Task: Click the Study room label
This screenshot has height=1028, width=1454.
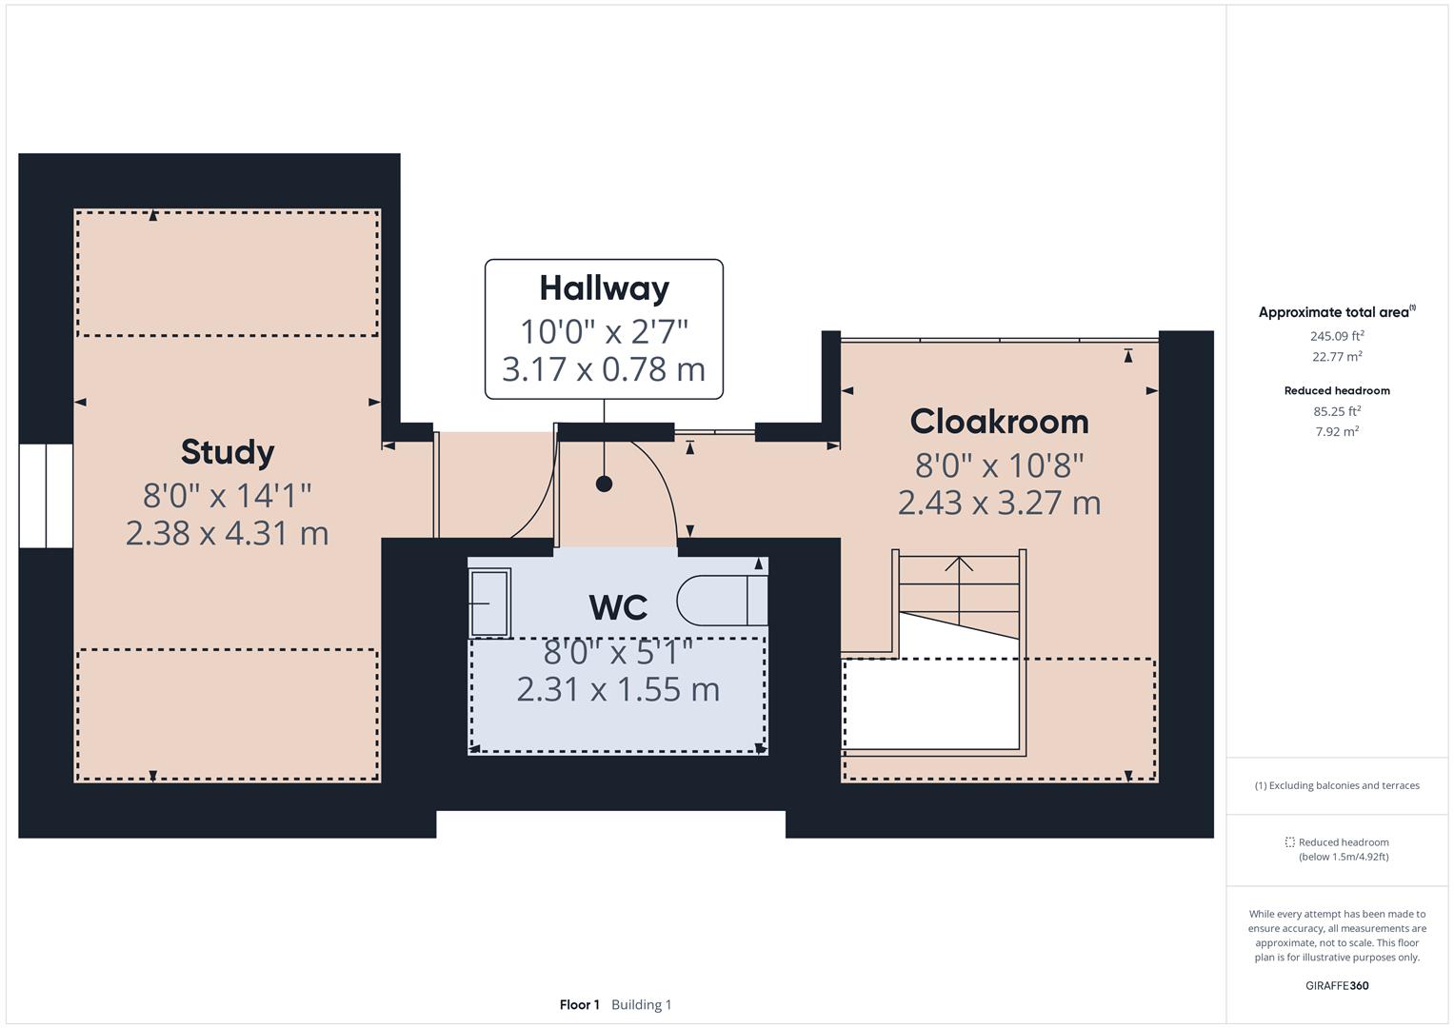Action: tap(228, 451)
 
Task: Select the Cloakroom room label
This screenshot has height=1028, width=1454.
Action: tap(999, 421)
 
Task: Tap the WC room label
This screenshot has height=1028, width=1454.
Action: tap(618, 606)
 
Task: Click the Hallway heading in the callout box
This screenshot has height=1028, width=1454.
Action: tap(604, 287)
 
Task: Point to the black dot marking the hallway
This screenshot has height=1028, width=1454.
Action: tap(604, 484)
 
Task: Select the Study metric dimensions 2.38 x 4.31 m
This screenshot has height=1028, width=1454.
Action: tap(228, 532)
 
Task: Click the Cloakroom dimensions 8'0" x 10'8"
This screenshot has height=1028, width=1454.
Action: tap(999, 465)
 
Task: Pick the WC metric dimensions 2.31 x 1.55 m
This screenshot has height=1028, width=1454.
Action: tap(618, 689)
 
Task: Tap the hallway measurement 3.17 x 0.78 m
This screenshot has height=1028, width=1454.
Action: tap(604, 369)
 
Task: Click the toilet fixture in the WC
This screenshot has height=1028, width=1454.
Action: tap(720, 600)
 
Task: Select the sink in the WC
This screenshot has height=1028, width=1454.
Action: tap(489, 602)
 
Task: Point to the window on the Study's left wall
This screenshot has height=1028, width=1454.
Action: tap(46, 495)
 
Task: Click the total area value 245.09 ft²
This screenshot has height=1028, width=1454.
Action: tap(1337, 336)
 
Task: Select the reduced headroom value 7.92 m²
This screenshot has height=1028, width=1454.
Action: tap(1337, 431)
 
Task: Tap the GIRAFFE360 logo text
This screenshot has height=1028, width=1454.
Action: tap(1336, 985)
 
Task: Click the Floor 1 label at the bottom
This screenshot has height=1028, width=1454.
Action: tap(579, 1004)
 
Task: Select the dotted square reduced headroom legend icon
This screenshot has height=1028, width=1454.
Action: tap(1289, 842)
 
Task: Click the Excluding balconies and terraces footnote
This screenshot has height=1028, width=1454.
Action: tap(1336, 785)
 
